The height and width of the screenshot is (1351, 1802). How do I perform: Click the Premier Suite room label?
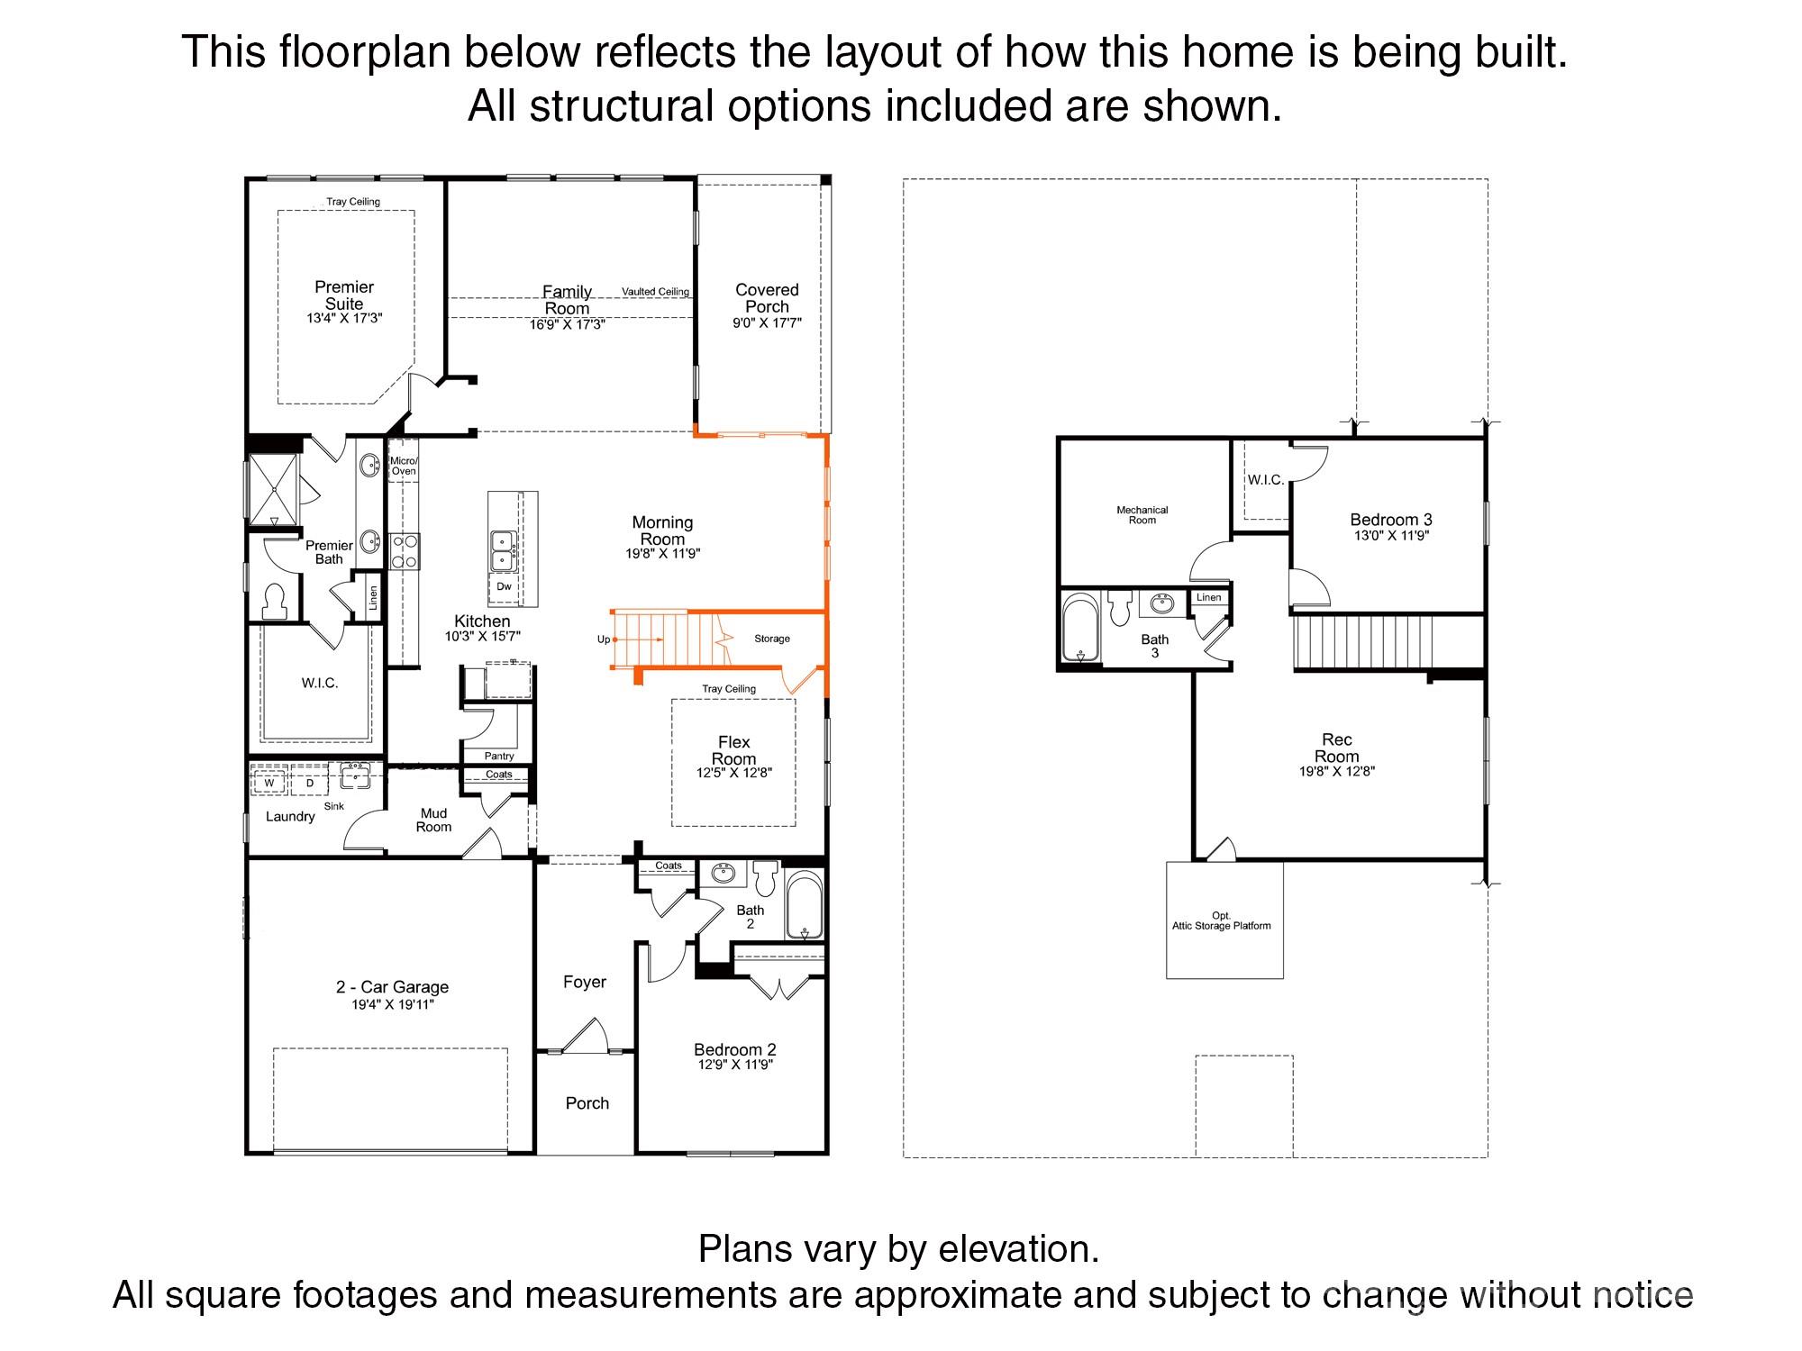click(x=344, y=295)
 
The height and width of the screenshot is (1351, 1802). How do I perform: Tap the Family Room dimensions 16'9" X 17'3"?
click(x=567, y=325)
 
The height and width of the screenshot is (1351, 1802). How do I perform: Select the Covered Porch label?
click(x=767, y=298)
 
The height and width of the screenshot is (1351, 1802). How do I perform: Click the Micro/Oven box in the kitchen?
click(x=403, y=467)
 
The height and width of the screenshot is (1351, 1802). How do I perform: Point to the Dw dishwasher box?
click(x=504, y=586)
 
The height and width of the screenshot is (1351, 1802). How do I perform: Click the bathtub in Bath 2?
click(x=804, y=905)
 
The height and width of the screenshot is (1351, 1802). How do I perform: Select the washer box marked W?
click(x=268, y=783)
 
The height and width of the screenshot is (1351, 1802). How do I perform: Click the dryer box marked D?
click(x=310, y=783)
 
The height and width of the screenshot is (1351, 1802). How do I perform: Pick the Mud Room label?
click(x=433, y=821)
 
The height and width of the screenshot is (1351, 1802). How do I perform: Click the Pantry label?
click(x=498, y=756)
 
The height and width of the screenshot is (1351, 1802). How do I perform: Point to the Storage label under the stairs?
click(x=772, y=639)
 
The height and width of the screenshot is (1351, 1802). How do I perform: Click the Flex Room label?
click(x=733, y=750)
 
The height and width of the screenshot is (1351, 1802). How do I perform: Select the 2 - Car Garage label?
click(x=392, y=987)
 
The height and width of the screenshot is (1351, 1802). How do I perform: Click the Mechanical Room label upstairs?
click(x=1142, y=515)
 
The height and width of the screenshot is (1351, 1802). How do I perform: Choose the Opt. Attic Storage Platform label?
click(x=1221, y=920)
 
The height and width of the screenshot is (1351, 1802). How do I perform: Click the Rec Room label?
click(x=1336, y=748)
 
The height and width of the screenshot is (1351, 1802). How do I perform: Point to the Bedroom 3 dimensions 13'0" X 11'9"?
click(x=1391, y=536)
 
